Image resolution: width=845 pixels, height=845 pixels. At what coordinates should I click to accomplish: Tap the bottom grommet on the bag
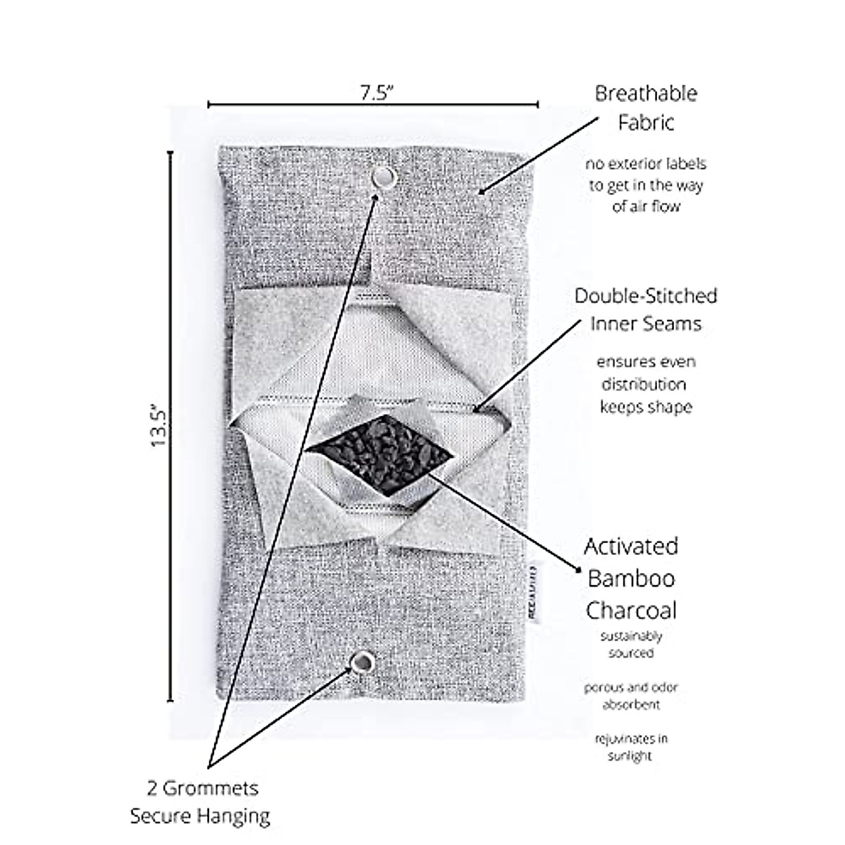(x=363, y=662)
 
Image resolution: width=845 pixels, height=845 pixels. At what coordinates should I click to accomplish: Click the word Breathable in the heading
(x=646, y=93)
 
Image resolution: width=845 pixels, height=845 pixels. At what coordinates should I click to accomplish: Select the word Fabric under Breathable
(x=646, y=123)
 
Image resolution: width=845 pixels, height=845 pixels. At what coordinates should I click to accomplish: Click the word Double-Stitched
(x=646, y=295)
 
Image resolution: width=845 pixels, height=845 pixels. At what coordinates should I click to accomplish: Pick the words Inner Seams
(x=646, y=323)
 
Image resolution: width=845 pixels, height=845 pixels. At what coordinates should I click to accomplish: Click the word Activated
(x=631, y=546)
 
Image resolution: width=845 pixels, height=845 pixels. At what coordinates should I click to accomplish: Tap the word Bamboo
(x=631, y=578)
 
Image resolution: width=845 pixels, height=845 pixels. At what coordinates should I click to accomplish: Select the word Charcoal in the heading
(x=631, y=610)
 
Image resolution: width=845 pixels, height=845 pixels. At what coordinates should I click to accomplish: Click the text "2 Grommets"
(x=203, y=787)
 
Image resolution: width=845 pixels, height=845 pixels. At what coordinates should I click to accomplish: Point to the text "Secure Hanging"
(x=200, y=816)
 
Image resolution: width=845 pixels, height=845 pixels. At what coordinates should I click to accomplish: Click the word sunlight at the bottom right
(x=630, y=756)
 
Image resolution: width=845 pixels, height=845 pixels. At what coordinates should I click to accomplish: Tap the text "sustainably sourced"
(x=631, y=644)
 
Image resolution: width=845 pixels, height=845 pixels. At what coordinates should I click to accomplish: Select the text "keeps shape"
(x=646, y=407)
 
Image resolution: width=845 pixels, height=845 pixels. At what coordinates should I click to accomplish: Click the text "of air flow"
(x=646, y=207)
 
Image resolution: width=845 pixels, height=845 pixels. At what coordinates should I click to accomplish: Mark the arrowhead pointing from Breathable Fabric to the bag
(x=482, y=192)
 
